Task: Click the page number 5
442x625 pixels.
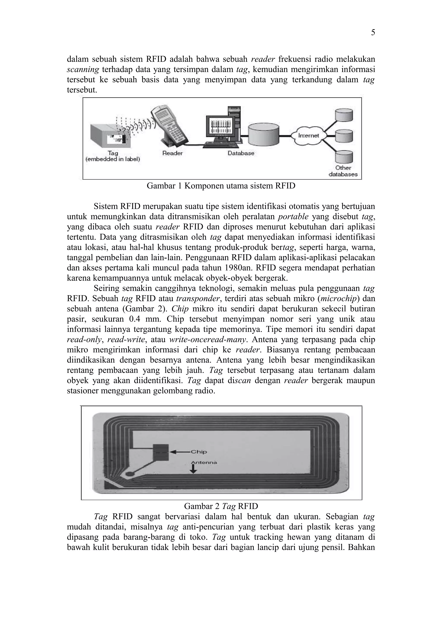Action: pyautogui.click(x=373, y=33)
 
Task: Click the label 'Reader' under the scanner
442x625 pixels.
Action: pyautogui.click(x=172, y=153)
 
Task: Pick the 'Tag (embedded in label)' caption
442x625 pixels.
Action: pyautogui.click(x=112, y=156)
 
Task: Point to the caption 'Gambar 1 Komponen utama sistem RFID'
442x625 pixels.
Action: pyautogui.click(x=221, y=186)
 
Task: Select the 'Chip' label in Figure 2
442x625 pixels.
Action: pyautogui.click(x=199, y=452)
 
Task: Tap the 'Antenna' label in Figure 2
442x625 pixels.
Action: pyautogui.click(x=204, y=462)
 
